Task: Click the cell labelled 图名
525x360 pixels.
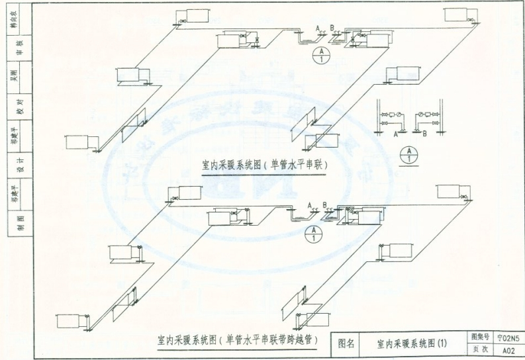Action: tap(347, 343)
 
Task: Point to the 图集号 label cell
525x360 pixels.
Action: tap(479, 337)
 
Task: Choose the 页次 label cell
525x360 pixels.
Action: tap(479, 349)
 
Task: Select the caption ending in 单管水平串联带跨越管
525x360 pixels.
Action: tap(236, 340)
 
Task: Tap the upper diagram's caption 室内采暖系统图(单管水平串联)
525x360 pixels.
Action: tap(265, 165)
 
